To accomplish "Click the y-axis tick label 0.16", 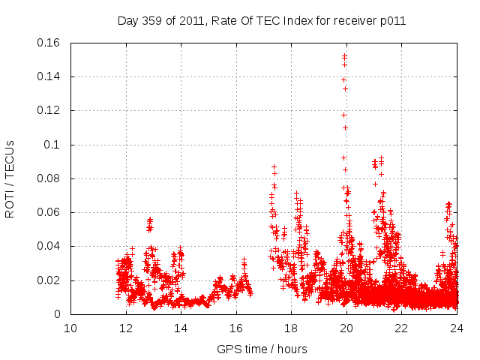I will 49,43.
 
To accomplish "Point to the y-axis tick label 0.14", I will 49,76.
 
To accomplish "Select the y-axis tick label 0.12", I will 49,111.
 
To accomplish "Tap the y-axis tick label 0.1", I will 52,145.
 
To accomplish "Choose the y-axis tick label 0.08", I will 49,178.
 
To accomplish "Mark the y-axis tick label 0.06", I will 49,213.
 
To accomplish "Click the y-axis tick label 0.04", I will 49,247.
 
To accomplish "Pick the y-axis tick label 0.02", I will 49,280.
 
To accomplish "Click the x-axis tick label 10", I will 70,328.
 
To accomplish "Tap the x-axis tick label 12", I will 126,328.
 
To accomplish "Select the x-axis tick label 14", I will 181,328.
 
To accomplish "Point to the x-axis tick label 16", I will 236,328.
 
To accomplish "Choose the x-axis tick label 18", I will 291,328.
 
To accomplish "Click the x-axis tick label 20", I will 346,328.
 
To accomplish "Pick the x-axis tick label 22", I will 401,328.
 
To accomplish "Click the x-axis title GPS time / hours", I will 262,349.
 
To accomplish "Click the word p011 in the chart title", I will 391,21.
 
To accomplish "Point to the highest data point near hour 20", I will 345,55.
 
